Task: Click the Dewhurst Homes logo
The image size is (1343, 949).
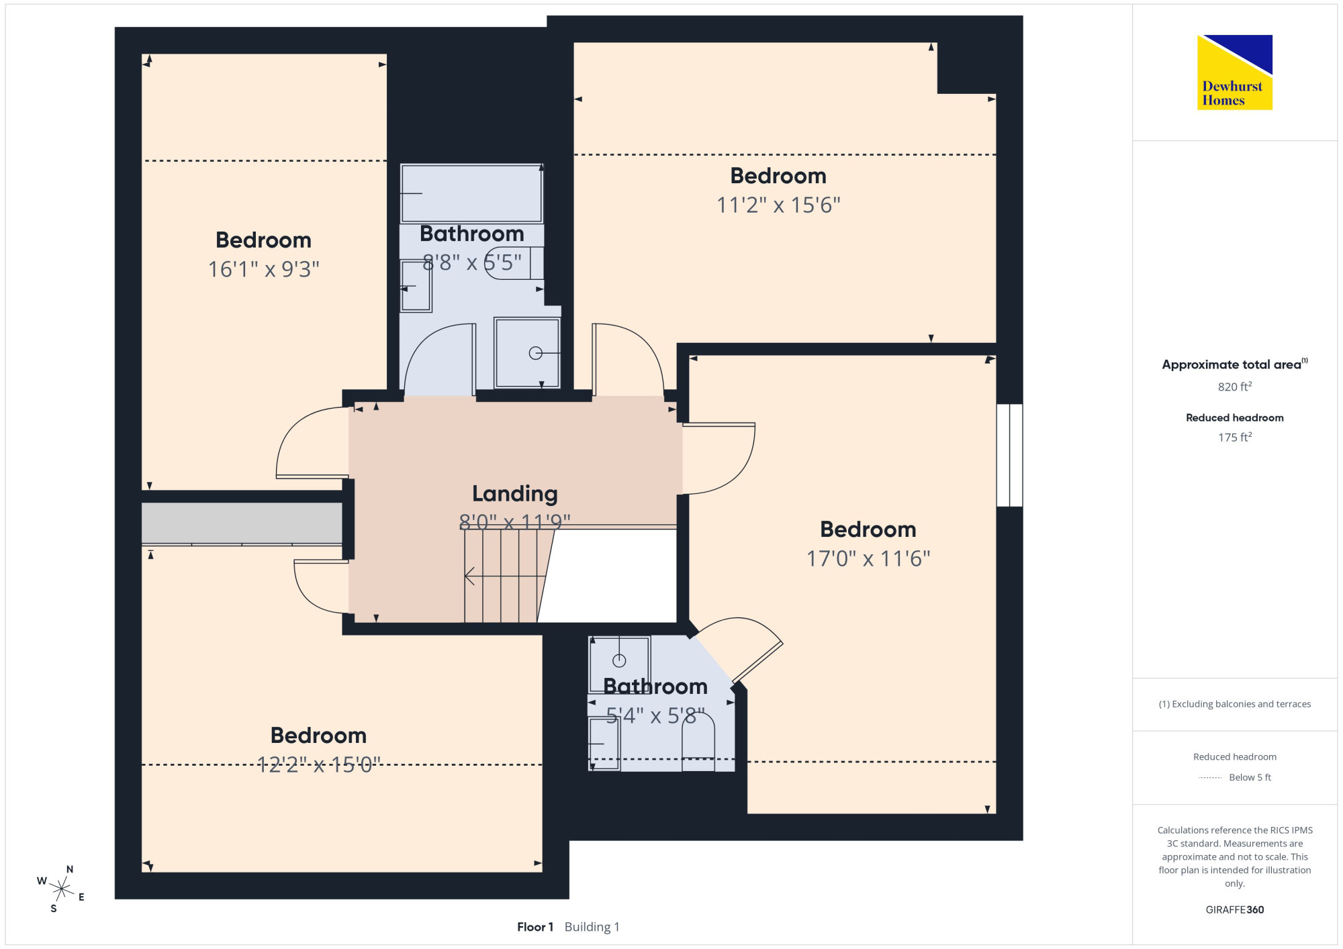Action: click(1234, 72)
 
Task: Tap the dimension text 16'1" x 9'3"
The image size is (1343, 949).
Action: click(263, 269)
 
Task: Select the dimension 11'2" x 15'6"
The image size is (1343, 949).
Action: click(778, 205)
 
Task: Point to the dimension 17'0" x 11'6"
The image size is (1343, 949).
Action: click(868, 558)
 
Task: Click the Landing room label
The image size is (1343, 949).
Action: click(515, 494)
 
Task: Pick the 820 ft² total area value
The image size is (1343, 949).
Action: click(1234, 387)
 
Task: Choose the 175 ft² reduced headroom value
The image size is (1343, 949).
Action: click(1234, 437)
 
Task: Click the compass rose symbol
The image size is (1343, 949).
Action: click(61, 889)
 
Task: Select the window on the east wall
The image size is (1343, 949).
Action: click(1009, 455)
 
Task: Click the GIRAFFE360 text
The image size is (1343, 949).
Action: click(1234, 910)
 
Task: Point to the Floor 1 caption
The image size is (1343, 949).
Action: click(535, 927)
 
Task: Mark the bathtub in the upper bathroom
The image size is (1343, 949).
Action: click(471, 193)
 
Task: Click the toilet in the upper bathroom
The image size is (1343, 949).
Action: click(514, 263)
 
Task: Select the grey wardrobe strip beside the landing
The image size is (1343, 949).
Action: click(242, 523)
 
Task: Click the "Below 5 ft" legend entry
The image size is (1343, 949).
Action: click(1250, 777)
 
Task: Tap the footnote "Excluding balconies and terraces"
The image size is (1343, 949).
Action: click(1241, 704)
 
